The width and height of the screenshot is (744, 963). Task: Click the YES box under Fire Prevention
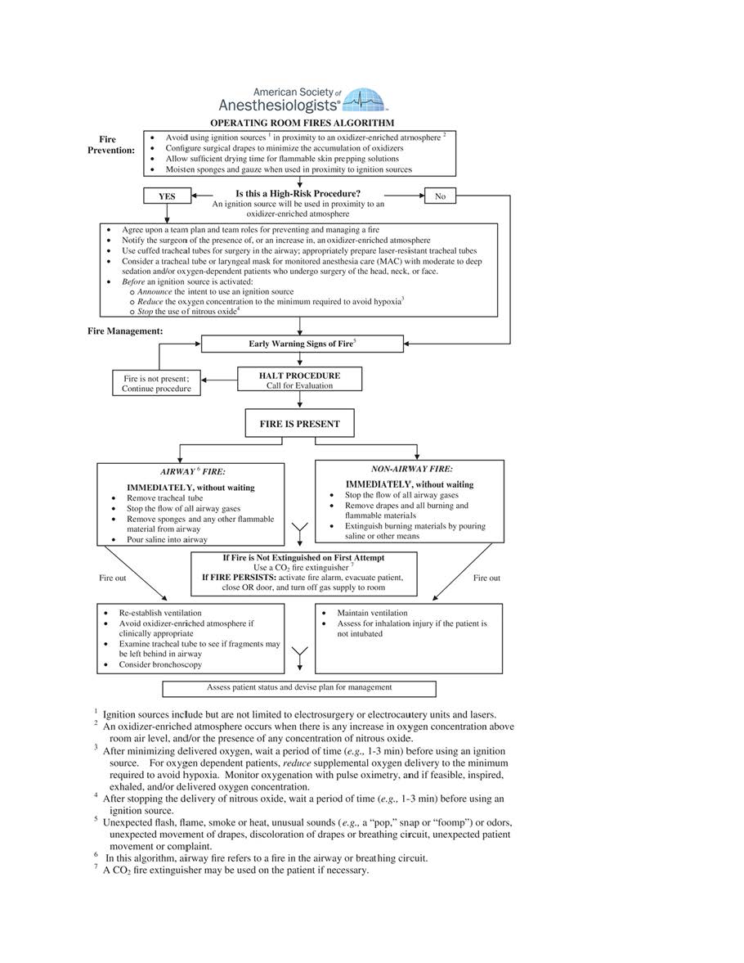point(167,196)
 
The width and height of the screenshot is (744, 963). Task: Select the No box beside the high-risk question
point(440,196)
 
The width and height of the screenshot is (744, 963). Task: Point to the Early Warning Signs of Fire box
point(302,344)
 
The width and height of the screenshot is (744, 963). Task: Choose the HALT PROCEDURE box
point(299,380)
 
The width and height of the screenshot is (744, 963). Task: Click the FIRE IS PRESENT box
point(300,424)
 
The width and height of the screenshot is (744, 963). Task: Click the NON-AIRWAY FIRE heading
point(411,470)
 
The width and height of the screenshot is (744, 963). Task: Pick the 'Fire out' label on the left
point(113,578)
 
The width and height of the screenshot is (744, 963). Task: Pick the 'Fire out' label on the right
point(486,578)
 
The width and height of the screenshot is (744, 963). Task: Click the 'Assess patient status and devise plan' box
point(299,687)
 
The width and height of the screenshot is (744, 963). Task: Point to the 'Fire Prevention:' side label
point(111,145)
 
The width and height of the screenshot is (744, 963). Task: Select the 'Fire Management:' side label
point(125,331)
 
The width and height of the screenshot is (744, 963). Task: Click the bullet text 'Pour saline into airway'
point(167,539)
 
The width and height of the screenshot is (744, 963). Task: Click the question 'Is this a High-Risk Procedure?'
point(298,193)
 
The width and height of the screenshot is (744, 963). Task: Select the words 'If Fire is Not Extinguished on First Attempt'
point(303,558)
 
